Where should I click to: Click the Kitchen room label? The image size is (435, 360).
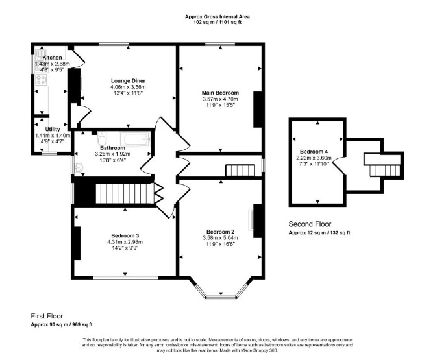[x=52, y=58]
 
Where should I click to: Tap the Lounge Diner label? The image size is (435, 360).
[x=128, y=81]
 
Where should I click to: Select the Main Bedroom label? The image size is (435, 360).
[x=220, y=93]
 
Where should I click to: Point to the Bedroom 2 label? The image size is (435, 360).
[x=220, y=232]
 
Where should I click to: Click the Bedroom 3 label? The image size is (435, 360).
[x=125, y=236]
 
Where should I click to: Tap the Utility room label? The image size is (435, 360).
[x=53, y=129]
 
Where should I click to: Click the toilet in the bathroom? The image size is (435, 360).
[x=102, y=138]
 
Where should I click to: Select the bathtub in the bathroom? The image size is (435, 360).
[x=135, y=139]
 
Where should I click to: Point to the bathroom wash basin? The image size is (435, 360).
[x=79, y=167]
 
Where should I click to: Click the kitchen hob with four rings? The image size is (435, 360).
[x=41, y=80]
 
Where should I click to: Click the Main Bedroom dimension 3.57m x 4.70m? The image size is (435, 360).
[x=220, y=99]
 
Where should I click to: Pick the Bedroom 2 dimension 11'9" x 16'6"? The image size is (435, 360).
[x=220, y=244]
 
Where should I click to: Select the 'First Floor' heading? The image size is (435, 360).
[x=47, y=316]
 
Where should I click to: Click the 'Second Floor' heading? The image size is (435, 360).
[x=310, y=224]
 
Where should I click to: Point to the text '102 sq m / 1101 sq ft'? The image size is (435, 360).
[x=217, y=22]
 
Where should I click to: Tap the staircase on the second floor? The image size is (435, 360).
[x=384, y=171]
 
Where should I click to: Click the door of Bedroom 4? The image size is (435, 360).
[x=339, y=165]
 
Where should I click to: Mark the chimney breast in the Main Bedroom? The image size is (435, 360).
[x=258, y=110]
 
